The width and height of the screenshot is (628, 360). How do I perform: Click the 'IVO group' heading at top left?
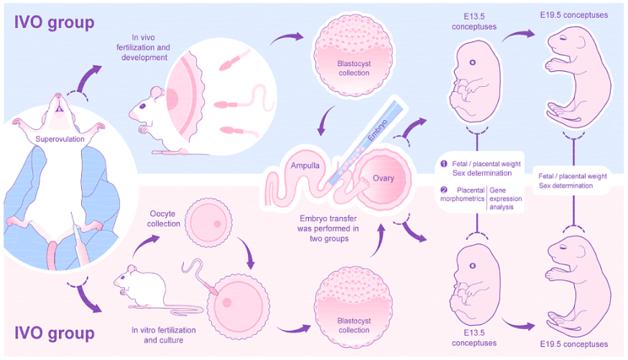pos(55,22)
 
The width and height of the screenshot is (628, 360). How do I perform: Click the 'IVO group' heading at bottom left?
pos(55,333)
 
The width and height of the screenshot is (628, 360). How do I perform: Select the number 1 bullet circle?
pos(444,164)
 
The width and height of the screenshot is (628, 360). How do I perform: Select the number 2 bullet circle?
pos(444,190)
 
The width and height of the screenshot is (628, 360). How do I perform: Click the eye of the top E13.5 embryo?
pos(472,63)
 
